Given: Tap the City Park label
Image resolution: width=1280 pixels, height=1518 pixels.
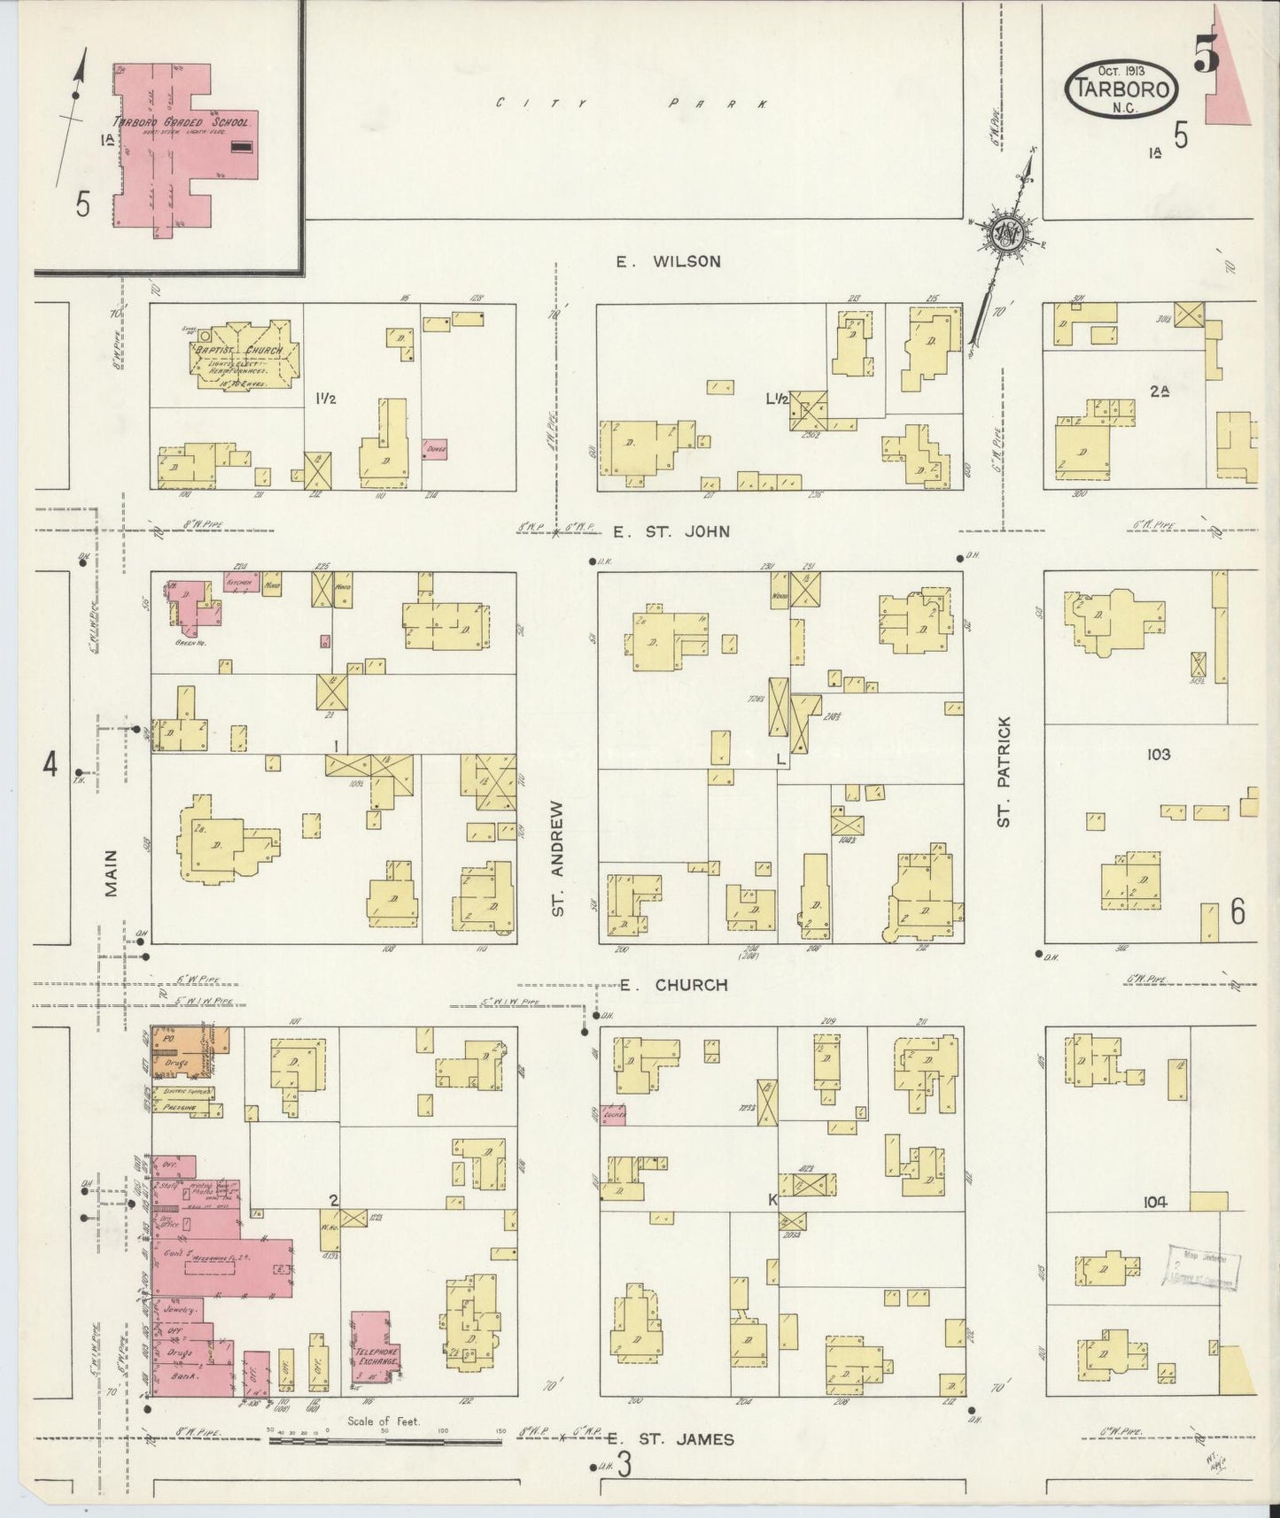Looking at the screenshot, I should tap(632, 104).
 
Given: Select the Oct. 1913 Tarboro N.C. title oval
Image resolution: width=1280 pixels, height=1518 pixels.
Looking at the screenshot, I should tap(1122, 89).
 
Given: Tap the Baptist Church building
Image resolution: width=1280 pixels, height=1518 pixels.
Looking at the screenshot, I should tap(241, 356).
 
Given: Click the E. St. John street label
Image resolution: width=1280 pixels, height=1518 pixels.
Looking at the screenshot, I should tap(671, 531).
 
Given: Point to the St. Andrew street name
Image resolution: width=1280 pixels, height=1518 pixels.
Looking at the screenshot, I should tap(557, 858).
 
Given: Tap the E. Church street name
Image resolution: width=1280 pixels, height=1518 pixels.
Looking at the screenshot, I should tap(673, 985).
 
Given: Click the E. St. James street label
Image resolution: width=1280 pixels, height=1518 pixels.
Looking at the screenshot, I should tap(673, 1439).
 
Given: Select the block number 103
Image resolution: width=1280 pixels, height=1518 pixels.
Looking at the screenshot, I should tap(1158, 755).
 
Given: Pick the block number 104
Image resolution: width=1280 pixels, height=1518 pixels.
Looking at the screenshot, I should tap(1154, 1202).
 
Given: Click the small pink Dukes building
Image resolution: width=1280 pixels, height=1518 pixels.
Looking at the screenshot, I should tap(434, 449).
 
